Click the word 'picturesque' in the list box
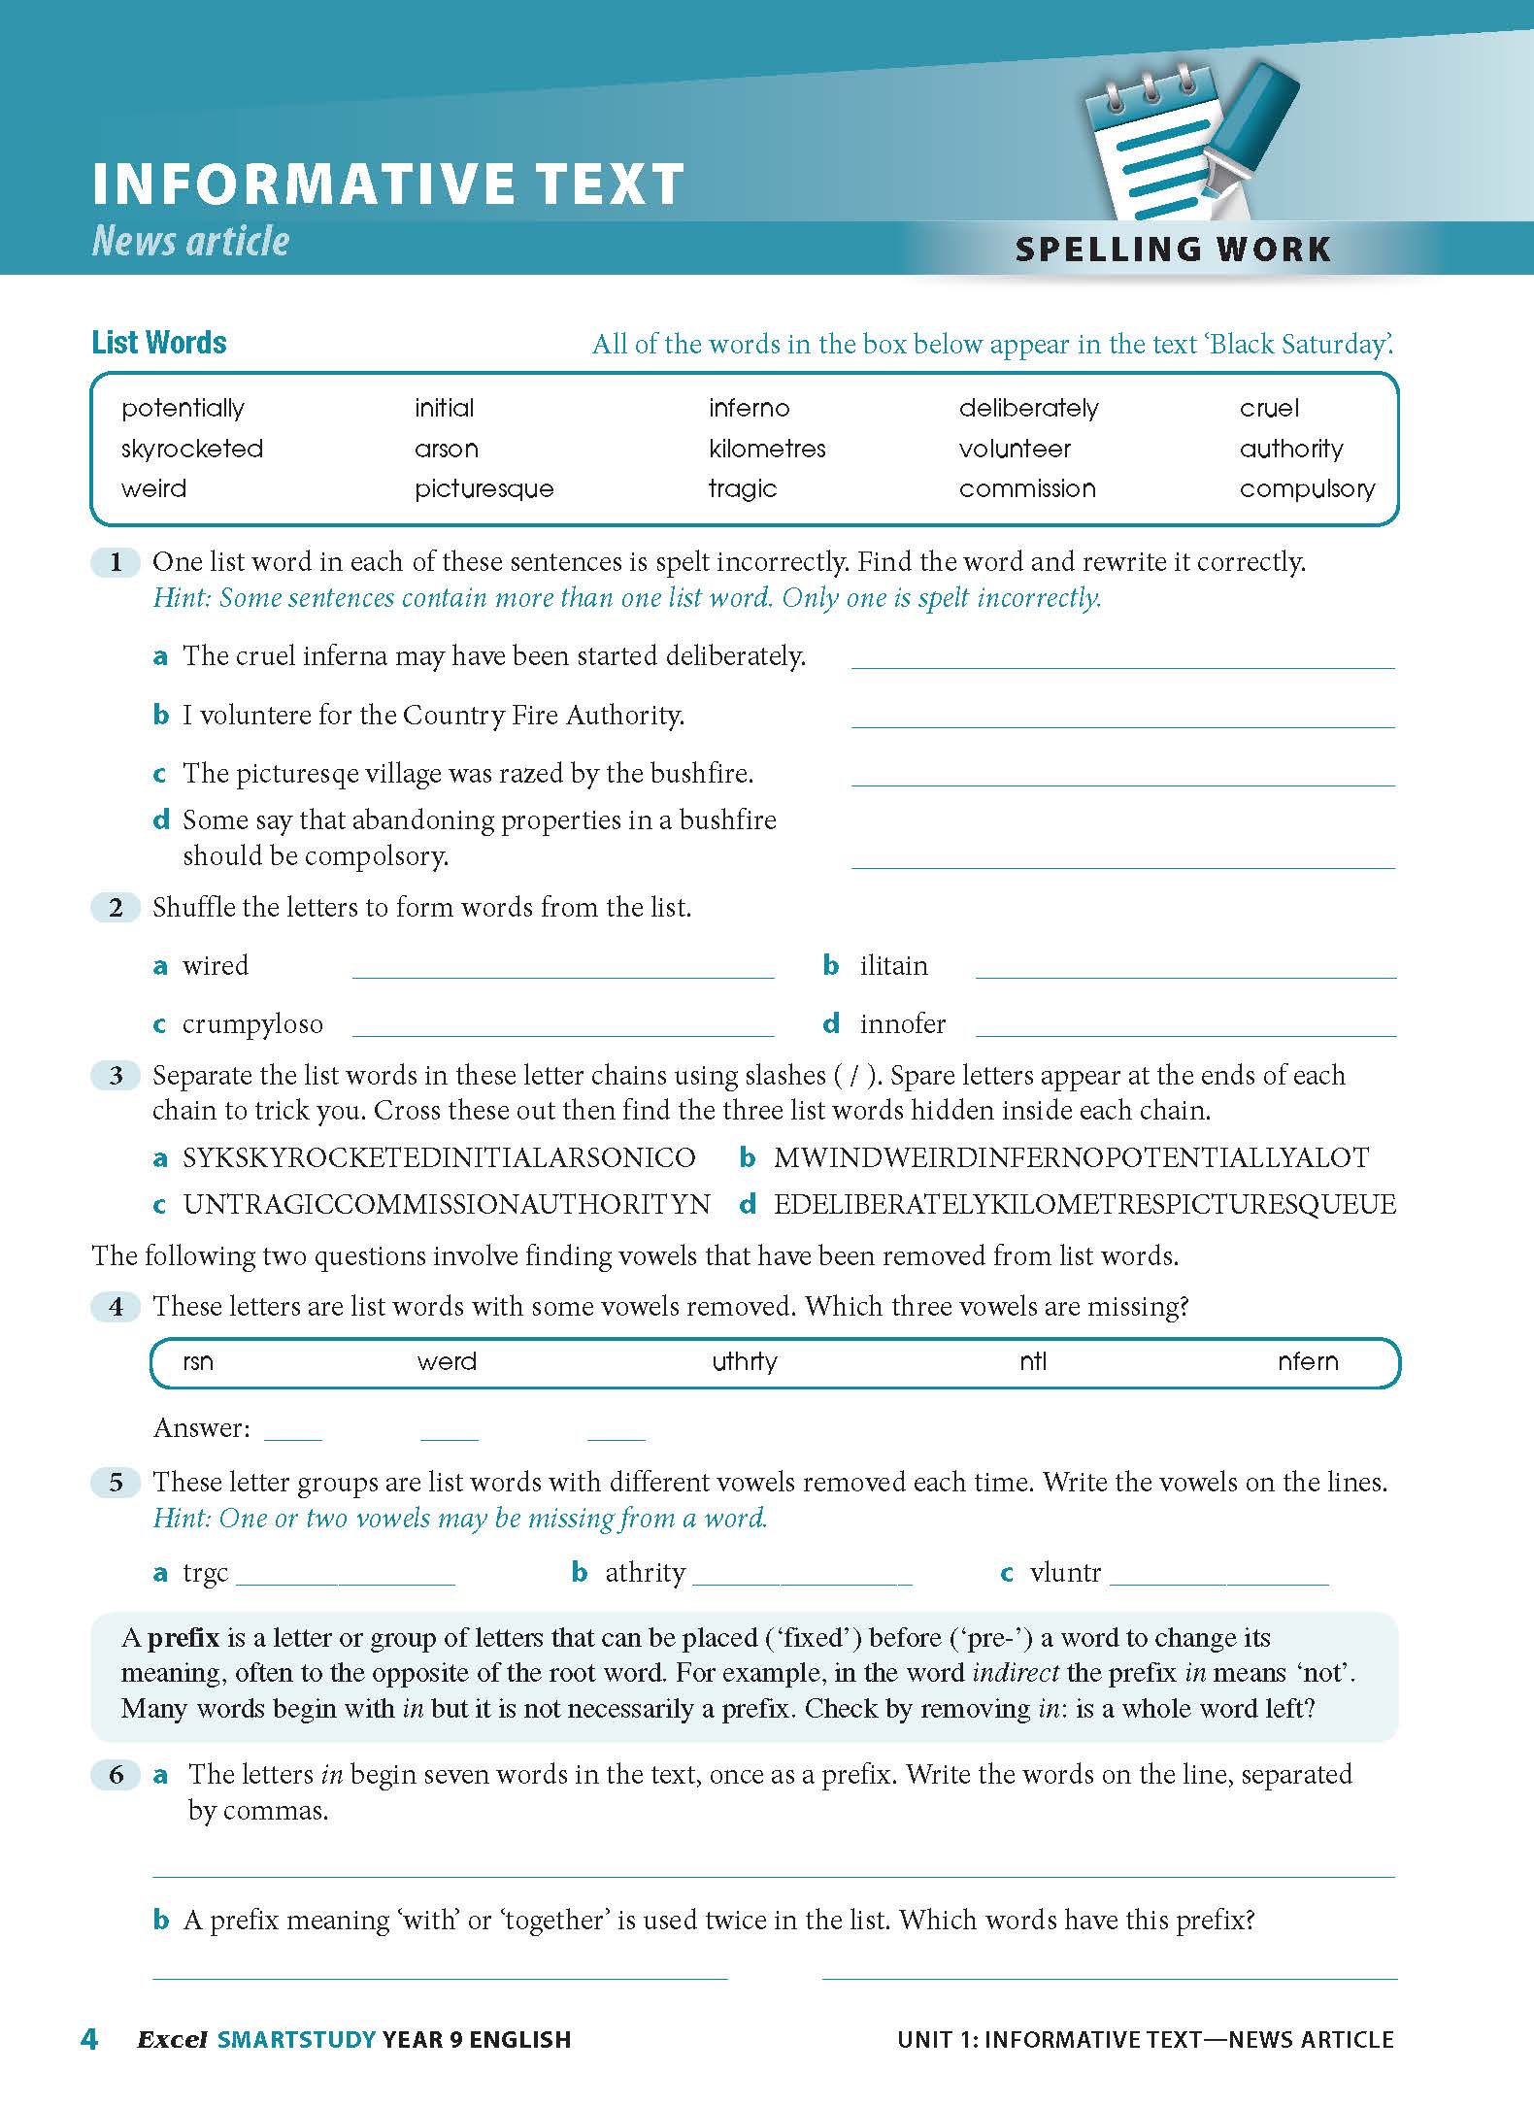point(484,488)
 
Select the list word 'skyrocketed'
point(192,449)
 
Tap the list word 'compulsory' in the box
point(1307,488)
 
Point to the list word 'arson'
point(446,449)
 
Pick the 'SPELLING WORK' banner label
point(1173,250)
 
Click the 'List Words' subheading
point(159,343)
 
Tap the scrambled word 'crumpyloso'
point(252,1024)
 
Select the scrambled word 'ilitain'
point(893,966)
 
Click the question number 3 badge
point(117,1076)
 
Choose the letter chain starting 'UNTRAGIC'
point(447,1205)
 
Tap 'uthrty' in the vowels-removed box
point(745,1361)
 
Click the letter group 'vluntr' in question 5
point(1065,1572)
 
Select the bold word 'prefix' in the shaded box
point(183,1638)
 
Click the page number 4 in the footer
point(89,2038)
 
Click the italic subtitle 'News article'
point(190,241)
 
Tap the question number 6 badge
point(117,1775)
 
